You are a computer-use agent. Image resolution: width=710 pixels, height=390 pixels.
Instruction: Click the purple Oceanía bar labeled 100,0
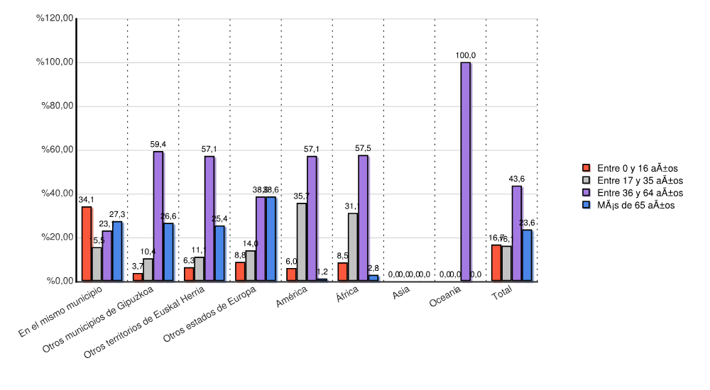(465, 172)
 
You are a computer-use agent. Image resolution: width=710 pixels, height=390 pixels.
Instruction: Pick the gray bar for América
(302, 242)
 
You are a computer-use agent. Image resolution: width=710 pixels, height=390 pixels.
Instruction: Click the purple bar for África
(363, 218)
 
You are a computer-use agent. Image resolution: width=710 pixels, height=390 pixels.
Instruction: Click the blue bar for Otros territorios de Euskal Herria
(219, 252)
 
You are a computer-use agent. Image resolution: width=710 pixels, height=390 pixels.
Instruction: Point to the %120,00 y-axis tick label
(55, 18)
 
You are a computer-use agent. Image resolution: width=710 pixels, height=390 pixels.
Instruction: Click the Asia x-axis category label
(401, 292)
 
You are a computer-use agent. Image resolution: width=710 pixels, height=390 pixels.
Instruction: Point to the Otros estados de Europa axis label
(209, 316)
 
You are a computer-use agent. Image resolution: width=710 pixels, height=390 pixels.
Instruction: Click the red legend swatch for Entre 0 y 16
(586, 168)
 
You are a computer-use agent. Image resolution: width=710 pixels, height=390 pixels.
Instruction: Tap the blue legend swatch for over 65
(586, 205)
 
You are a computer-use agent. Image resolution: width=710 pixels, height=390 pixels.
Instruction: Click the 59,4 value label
(158, 144)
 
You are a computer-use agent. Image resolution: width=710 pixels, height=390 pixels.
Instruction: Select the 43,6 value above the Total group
(517, 178)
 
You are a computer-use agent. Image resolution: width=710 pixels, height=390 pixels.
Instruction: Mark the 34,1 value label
(86, 199)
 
